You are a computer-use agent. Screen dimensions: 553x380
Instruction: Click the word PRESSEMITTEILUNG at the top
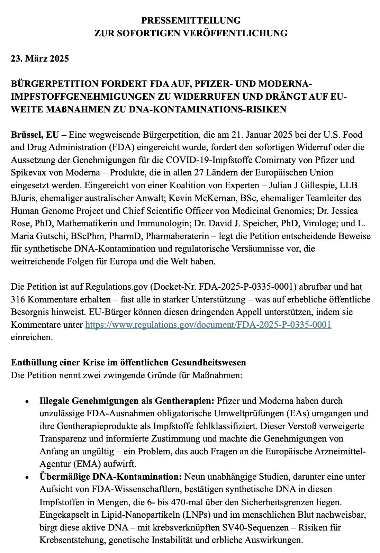tap(191, 20)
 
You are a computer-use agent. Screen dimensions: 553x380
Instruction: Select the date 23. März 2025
tap(40, 58)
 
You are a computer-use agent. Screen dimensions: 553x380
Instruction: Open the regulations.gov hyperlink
tap(208, 325)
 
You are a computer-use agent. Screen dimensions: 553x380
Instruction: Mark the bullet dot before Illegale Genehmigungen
tap(27, 402)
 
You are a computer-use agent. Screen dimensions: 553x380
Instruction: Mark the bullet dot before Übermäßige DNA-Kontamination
tap(27, 478)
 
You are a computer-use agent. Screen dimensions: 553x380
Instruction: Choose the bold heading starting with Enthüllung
tap(128, 362)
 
